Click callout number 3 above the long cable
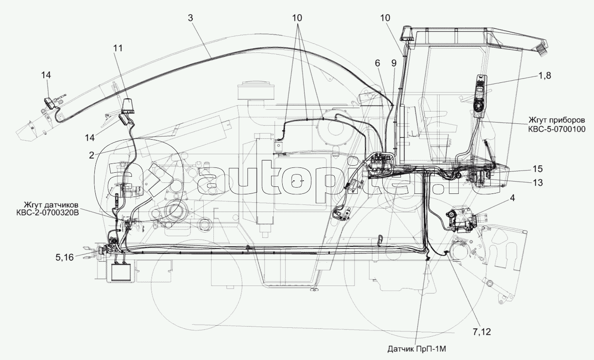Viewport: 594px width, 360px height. [191, 18]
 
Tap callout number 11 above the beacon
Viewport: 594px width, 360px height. [118, 48]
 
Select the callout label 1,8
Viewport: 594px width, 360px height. [542, 75]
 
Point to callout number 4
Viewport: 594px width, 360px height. [512, 198]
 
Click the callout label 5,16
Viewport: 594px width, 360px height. [64, 257]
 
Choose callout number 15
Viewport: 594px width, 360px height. [537, 169]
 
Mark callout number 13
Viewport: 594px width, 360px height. [538, 182]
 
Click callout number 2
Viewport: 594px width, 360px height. [91, 155]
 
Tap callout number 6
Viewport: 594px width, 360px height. [377, 63]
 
